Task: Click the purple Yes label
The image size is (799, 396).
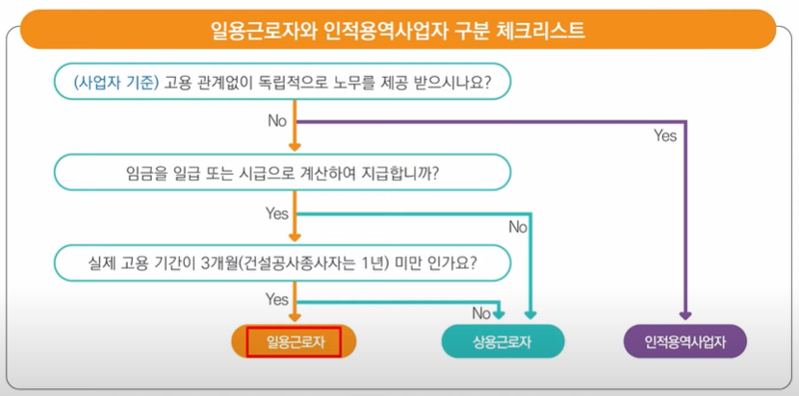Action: coord(665,136)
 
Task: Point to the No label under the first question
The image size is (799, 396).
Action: coord(277,121)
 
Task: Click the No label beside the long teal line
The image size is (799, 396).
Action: coord(518,228)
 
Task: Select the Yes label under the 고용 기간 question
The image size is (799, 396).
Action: coord(277,300)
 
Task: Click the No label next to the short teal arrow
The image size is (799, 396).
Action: coord(481,313)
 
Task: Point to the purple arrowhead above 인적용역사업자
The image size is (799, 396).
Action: coord(685,315)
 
